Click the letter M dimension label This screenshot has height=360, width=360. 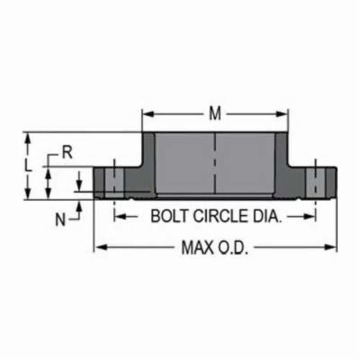[x=215, y=114]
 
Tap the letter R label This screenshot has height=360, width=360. [x=68, y=153]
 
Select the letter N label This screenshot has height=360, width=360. [x=60, y=220]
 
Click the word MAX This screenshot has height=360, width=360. [x=197, y=248]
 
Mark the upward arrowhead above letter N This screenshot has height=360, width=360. [x=80, y=204]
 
